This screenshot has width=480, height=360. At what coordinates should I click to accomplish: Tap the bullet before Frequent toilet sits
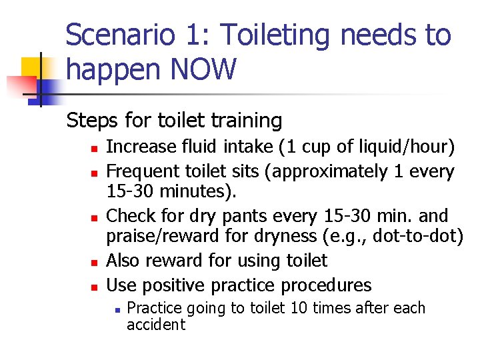(95, 172)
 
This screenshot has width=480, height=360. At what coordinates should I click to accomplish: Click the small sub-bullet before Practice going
(117, 309)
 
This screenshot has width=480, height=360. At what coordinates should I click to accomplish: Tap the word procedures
(325, 285)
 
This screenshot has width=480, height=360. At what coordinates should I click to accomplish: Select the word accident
(156, 325)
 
